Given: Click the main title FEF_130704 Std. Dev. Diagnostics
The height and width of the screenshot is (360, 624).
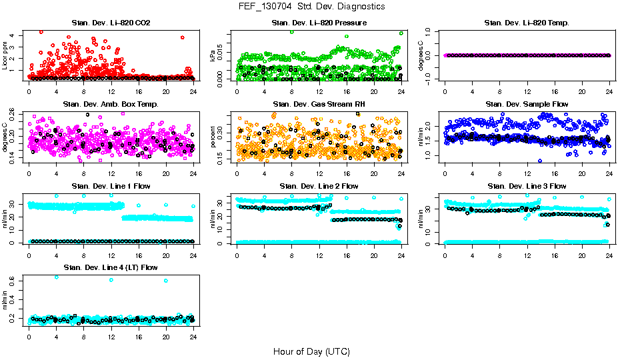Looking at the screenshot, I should coord(311,6).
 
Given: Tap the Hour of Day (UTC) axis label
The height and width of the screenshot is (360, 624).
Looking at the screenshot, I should coord(311,351).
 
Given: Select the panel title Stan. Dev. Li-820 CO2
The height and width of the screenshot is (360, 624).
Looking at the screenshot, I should coord(111,23).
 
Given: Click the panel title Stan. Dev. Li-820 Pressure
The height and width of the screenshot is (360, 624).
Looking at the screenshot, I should coord(319,23).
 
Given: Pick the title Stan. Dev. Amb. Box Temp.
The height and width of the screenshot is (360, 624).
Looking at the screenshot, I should coord(111,104).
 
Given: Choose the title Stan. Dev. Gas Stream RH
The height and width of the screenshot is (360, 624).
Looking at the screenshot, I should coord(319,104).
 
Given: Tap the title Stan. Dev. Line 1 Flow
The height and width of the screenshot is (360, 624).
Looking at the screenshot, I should coord(111,186).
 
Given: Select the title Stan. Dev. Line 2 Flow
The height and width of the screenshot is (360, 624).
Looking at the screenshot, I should coord(319,186).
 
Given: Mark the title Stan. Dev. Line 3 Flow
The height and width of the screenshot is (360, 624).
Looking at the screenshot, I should coord(527,186).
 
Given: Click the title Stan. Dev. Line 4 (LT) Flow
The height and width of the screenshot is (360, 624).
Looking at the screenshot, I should coord(111,267).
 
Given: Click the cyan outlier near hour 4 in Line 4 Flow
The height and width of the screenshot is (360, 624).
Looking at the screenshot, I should coord(56,277).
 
